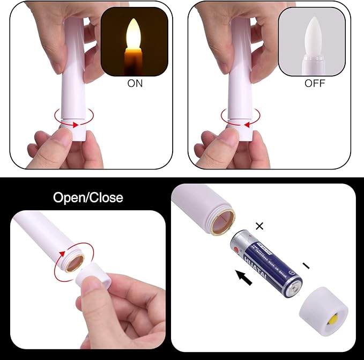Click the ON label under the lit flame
(135, 83)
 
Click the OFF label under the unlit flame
(315, 83)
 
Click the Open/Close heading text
(88, 197)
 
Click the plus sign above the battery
(259, 226)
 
